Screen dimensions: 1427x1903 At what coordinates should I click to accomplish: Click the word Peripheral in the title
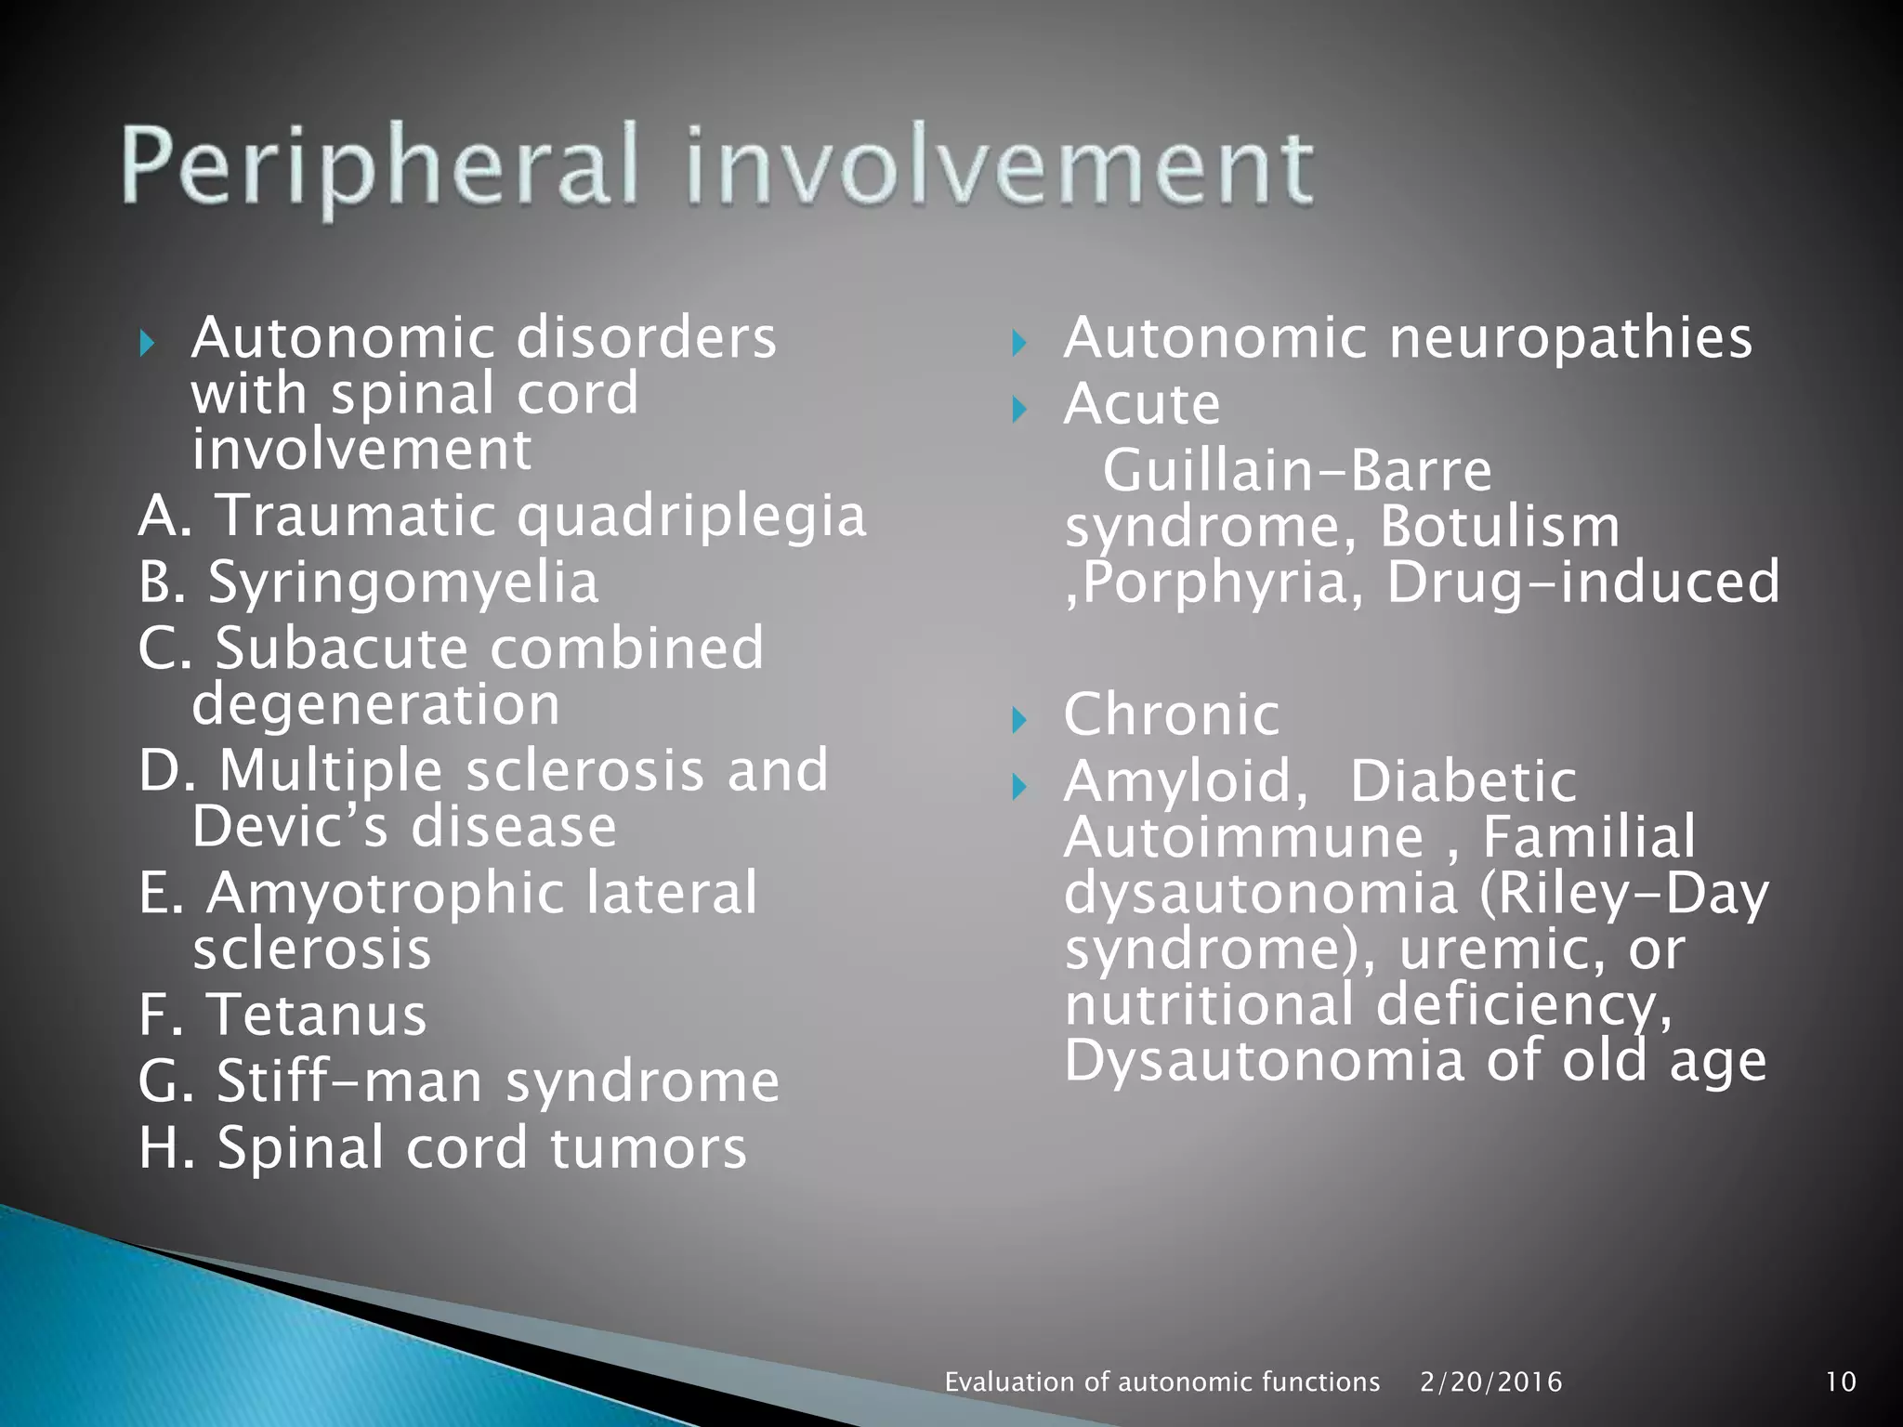379,167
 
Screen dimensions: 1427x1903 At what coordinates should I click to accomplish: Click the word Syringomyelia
403,583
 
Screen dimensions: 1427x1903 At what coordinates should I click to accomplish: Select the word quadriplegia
691,517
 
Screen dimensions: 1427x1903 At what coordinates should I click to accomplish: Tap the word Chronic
1172,714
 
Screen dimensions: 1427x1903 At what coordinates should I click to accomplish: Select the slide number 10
1841,1381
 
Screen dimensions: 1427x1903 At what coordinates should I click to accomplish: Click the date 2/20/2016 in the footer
1490,1381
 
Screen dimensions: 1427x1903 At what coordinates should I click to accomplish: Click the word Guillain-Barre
1297,470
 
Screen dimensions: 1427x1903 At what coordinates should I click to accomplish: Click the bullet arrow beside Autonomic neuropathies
1019,343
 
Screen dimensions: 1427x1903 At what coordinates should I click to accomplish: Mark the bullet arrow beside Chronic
1019,719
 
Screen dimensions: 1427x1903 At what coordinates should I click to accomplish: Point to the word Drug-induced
1582,583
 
